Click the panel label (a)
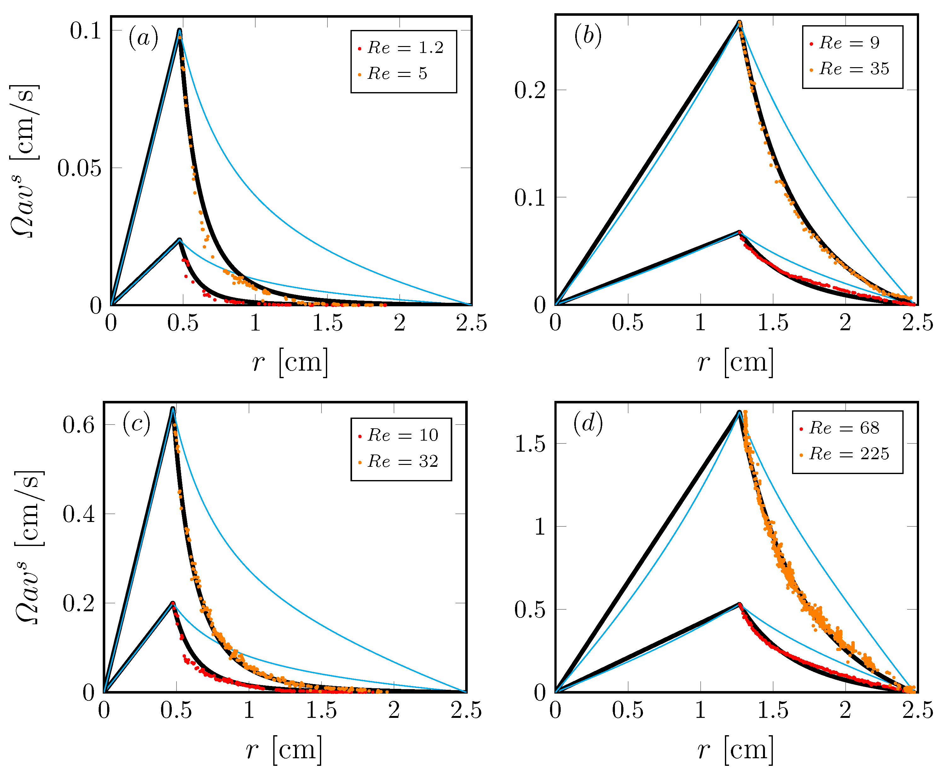coord(143,38)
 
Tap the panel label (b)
coord(587,36)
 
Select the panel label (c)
coord(136,423)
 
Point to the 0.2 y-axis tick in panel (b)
coord(530,90)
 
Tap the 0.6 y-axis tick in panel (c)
coord(78,425)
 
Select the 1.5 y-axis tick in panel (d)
coord(530,444)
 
